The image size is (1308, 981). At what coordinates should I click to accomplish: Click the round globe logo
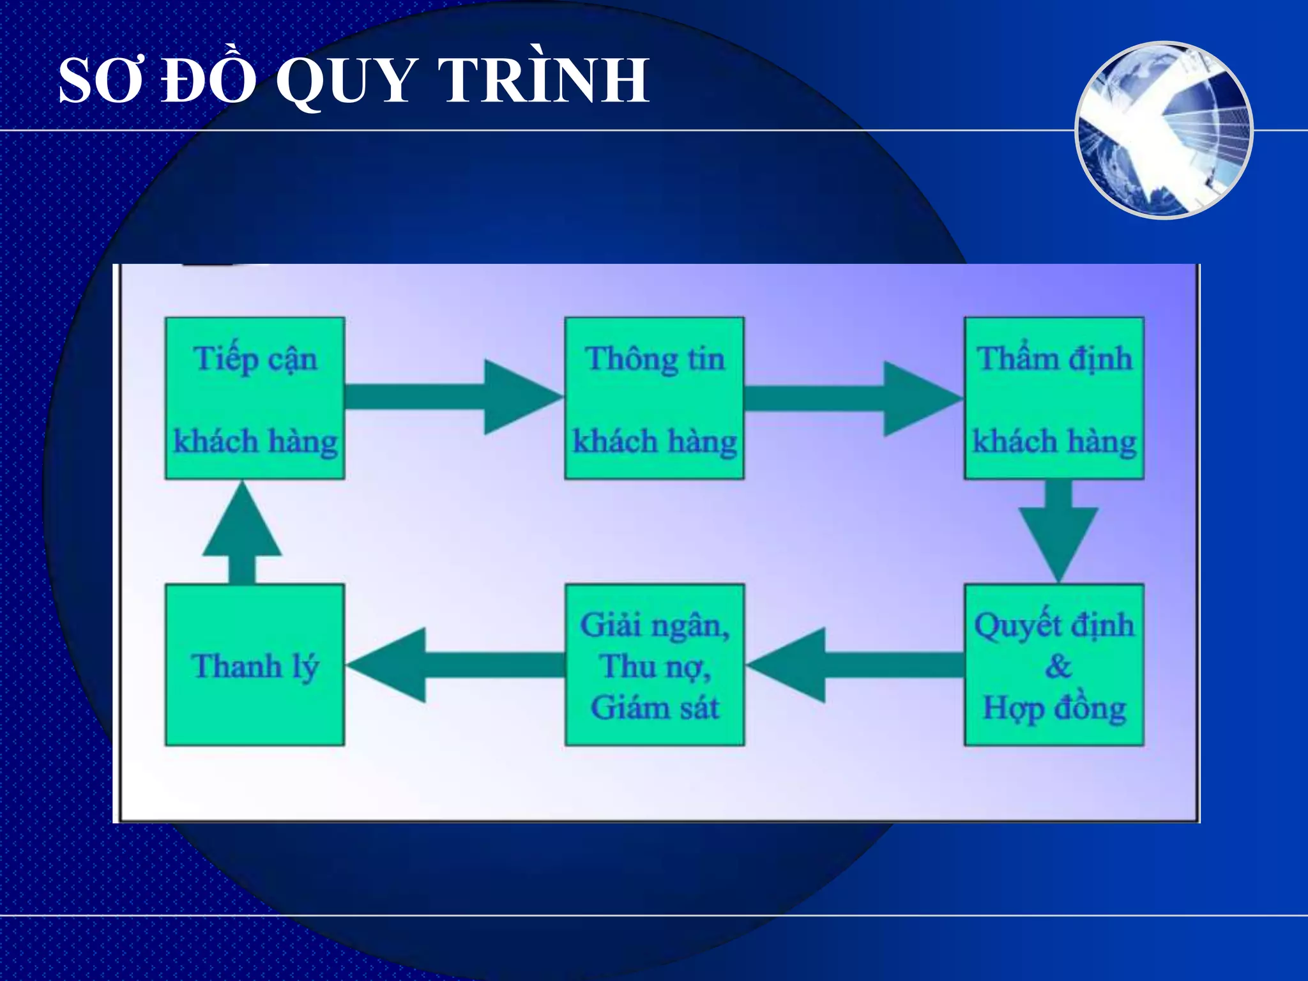(1164, 130)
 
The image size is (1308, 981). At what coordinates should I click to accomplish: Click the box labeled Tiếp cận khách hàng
(255, 398)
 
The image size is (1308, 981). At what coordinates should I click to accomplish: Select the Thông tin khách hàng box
(655, 398)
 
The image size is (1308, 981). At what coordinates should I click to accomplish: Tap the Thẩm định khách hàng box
(1054, 398)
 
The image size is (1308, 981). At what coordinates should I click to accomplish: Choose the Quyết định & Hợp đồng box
(1054, 665)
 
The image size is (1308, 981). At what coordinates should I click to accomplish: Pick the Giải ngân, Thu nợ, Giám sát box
(655, 665)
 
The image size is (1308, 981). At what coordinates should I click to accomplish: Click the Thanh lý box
(255, 665)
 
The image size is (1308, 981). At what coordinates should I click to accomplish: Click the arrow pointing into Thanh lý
(455, 665)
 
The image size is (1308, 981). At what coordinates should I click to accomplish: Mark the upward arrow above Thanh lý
(242, 533)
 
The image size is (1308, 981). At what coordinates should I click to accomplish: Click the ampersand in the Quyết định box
(1058, 666)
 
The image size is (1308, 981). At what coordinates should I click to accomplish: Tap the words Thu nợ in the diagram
(655, 667)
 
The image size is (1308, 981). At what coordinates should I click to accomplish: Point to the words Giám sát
(655, 708)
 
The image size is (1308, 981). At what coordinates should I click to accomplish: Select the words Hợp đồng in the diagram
(1054, 708)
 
